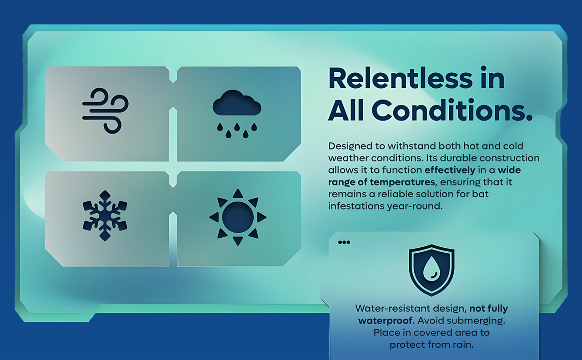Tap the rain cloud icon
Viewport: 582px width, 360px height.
237,114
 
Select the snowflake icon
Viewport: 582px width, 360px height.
105,215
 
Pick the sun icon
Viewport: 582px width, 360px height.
238,217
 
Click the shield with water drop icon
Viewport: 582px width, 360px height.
431,270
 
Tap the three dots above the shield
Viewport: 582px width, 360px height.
344,242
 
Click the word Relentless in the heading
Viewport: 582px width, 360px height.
400,78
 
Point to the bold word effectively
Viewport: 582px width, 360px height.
450,170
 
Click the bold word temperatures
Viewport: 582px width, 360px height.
402,182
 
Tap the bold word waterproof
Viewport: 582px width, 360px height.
385,321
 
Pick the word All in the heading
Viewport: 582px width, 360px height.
346,110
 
